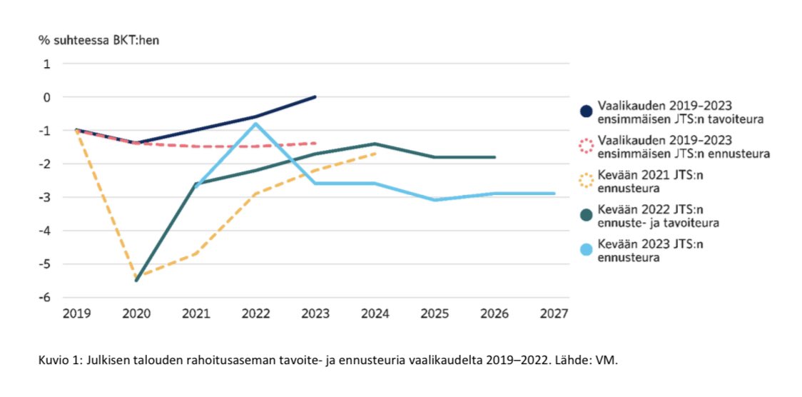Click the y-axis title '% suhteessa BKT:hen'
point(99,39)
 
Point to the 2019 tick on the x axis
point(76,313)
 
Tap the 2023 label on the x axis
point(315,313)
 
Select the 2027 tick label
point(554,313)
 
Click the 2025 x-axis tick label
point(435,313)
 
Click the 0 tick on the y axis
point(47,96)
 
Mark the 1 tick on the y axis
point(47,64)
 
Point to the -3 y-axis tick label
point(45,197)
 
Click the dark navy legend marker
point(587,111)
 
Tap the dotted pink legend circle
point(587,146)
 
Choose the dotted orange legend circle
point(587,181)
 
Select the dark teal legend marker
point(587,216)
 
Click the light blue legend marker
point(587,250)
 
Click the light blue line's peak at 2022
point(255,124)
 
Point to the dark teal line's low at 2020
point(136,280)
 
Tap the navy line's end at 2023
point(315,96)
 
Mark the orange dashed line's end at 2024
point(375,153)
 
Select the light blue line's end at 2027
point(554,194)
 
